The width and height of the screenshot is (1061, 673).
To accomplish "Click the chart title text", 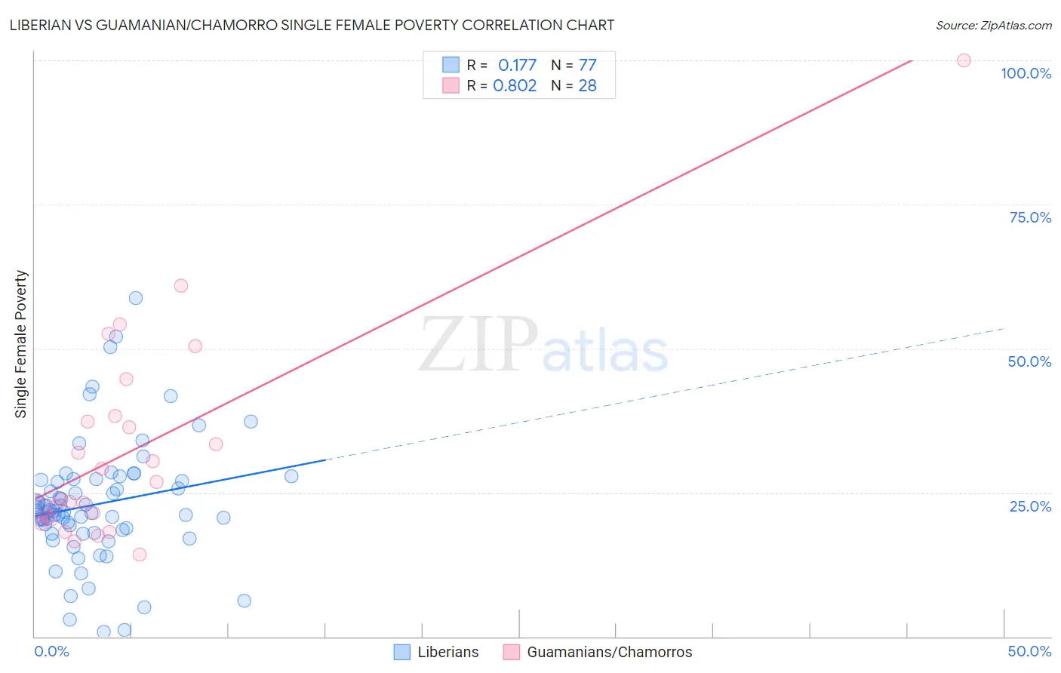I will [x=312, y=25].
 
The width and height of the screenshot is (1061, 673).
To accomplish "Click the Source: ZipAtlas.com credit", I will [x=993, y=25].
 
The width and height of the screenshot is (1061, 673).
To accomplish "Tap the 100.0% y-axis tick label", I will [x=1026, y=73].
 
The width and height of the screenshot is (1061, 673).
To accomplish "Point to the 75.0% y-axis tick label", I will [x=1030, y=217].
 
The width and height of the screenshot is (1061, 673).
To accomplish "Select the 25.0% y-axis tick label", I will [x=1030, y=506].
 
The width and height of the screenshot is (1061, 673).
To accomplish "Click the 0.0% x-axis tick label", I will [x=51, y=651].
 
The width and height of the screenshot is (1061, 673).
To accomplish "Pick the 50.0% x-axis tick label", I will [x=1029, y=651].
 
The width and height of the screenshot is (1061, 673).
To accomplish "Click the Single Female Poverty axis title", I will [x=21, y=344].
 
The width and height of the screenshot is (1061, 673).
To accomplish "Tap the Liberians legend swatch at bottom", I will [x=402, y=652].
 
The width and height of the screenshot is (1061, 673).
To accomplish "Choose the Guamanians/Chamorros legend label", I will [x=609, y=652].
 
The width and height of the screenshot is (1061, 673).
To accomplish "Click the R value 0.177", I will [x=517, y=66].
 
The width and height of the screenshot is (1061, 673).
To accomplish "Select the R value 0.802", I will [x=515, y=86].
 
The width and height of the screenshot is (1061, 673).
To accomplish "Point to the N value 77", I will [x=587, y=66].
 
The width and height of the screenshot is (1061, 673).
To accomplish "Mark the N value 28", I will [x=587, y=86].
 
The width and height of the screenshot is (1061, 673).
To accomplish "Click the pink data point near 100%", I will [x=964, y=60].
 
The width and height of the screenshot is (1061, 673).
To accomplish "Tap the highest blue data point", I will [x=136, y=298].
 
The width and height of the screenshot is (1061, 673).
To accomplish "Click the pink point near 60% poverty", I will [x=181, y=285].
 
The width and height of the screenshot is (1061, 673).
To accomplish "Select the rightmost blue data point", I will [x=291, y=476].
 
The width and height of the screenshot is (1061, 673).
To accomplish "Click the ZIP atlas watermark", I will [x=543, y=346].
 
